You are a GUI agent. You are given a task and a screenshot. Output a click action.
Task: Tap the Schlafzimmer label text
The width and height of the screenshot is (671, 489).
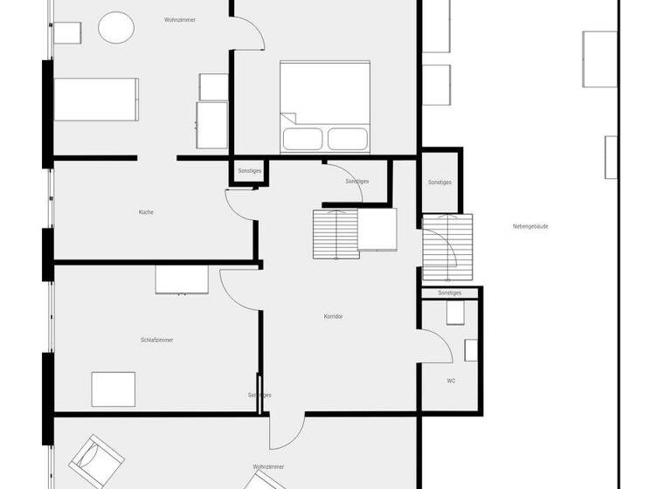pyautogui.click(x=156, y=340)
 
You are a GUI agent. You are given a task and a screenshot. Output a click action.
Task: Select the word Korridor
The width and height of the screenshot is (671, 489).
pyautogui.click(x=333, y=316)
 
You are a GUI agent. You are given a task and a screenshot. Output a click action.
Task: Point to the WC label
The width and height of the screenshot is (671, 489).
pyautogui.click(x=451, y=381)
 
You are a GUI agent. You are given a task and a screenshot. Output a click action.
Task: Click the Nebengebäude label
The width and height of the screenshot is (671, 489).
pyautogui.click(x=530, y=226)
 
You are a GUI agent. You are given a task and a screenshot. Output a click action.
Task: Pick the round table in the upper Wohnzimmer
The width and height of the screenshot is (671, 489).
pyautogui.click(x=116, y=28)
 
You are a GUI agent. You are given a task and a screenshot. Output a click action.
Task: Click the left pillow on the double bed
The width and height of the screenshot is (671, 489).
pyautogui.click(x=302, y=138)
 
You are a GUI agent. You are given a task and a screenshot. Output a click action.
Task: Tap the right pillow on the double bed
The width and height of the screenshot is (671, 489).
pyautogui.click(x=347, y=138)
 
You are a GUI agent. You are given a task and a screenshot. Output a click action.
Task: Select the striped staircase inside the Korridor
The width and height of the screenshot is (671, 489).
pyautogui.click(x=335, y=233)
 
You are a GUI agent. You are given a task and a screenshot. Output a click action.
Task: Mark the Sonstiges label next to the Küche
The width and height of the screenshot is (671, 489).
pyautogui.click(x=249, y=171)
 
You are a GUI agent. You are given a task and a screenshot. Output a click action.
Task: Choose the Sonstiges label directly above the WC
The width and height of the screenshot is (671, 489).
pyautogui.click(x=449, y=293)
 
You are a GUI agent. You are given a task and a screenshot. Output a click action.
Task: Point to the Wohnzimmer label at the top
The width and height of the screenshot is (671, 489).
pyautogui.click(x=178, y=19)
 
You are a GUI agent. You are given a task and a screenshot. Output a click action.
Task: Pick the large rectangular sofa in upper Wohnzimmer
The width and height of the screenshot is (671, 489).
pyautogui.click(x=96, y=99)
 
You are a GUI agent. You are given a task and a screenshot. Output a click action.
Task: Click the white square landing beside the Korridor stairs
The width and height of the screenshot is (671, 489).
pyautogui.click(x=377, y=230)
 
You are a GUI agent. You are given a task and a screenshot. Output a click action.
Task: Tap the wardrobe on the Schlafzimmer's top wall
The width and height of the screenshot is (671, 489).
pyautogui.click(x=182, y=279)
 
